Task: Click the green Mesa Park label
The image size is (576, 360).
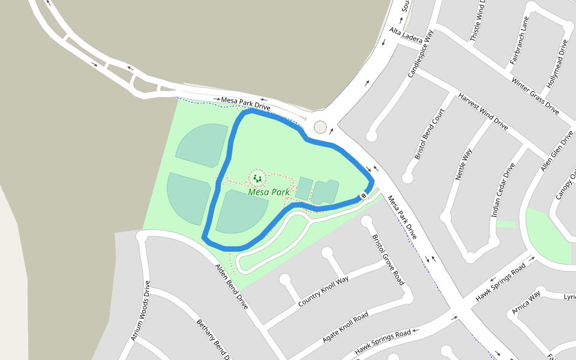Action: [x=269, y=193]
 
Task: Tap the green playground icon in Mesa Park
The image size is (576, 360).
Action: [x=257, y=178]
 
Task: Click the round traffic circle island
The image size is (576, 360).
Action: [x=320, y=127]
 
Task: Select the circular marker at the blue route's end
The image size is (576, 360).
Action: [x=364, y=196]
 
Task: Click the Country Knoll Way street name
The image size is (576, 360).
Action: [x=323, y=292]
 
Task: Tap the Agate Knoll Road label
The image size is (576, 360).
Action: [x=345, y=327]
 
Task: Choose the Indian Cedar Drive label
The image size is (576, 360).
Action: [x=503, y=190]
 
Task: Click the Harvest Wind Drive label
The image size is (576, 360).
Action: [x=483, y=112]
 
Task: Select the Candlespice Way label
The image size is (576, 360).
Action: [x=420, y=54]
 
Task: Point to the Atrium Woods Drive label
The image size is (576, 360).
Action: [x=140, y=311]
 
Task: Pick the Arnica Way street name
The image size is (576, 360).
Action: [x=526, y=302]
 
